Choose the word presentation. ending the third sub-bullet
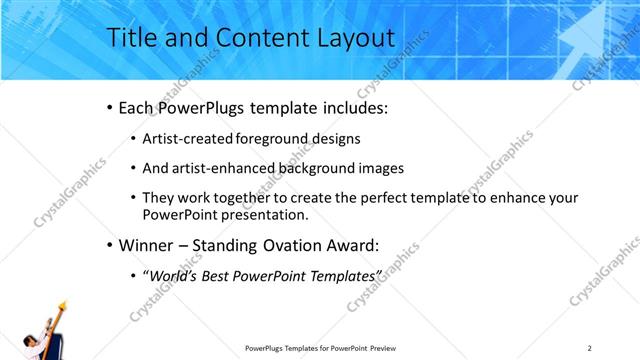263,214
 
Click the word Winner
147,245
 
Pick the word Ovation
295,245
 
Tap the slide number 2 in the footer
589,348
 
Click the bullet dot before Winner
108,245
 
